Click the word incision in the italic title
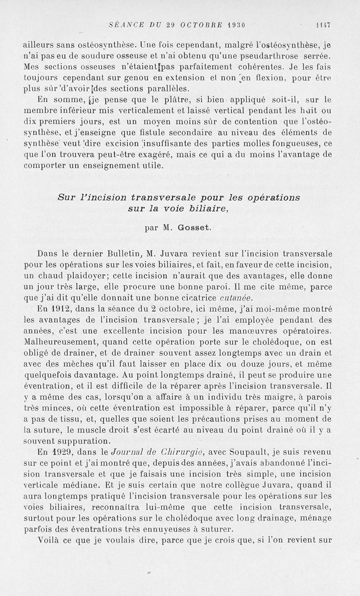point(103,197)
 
